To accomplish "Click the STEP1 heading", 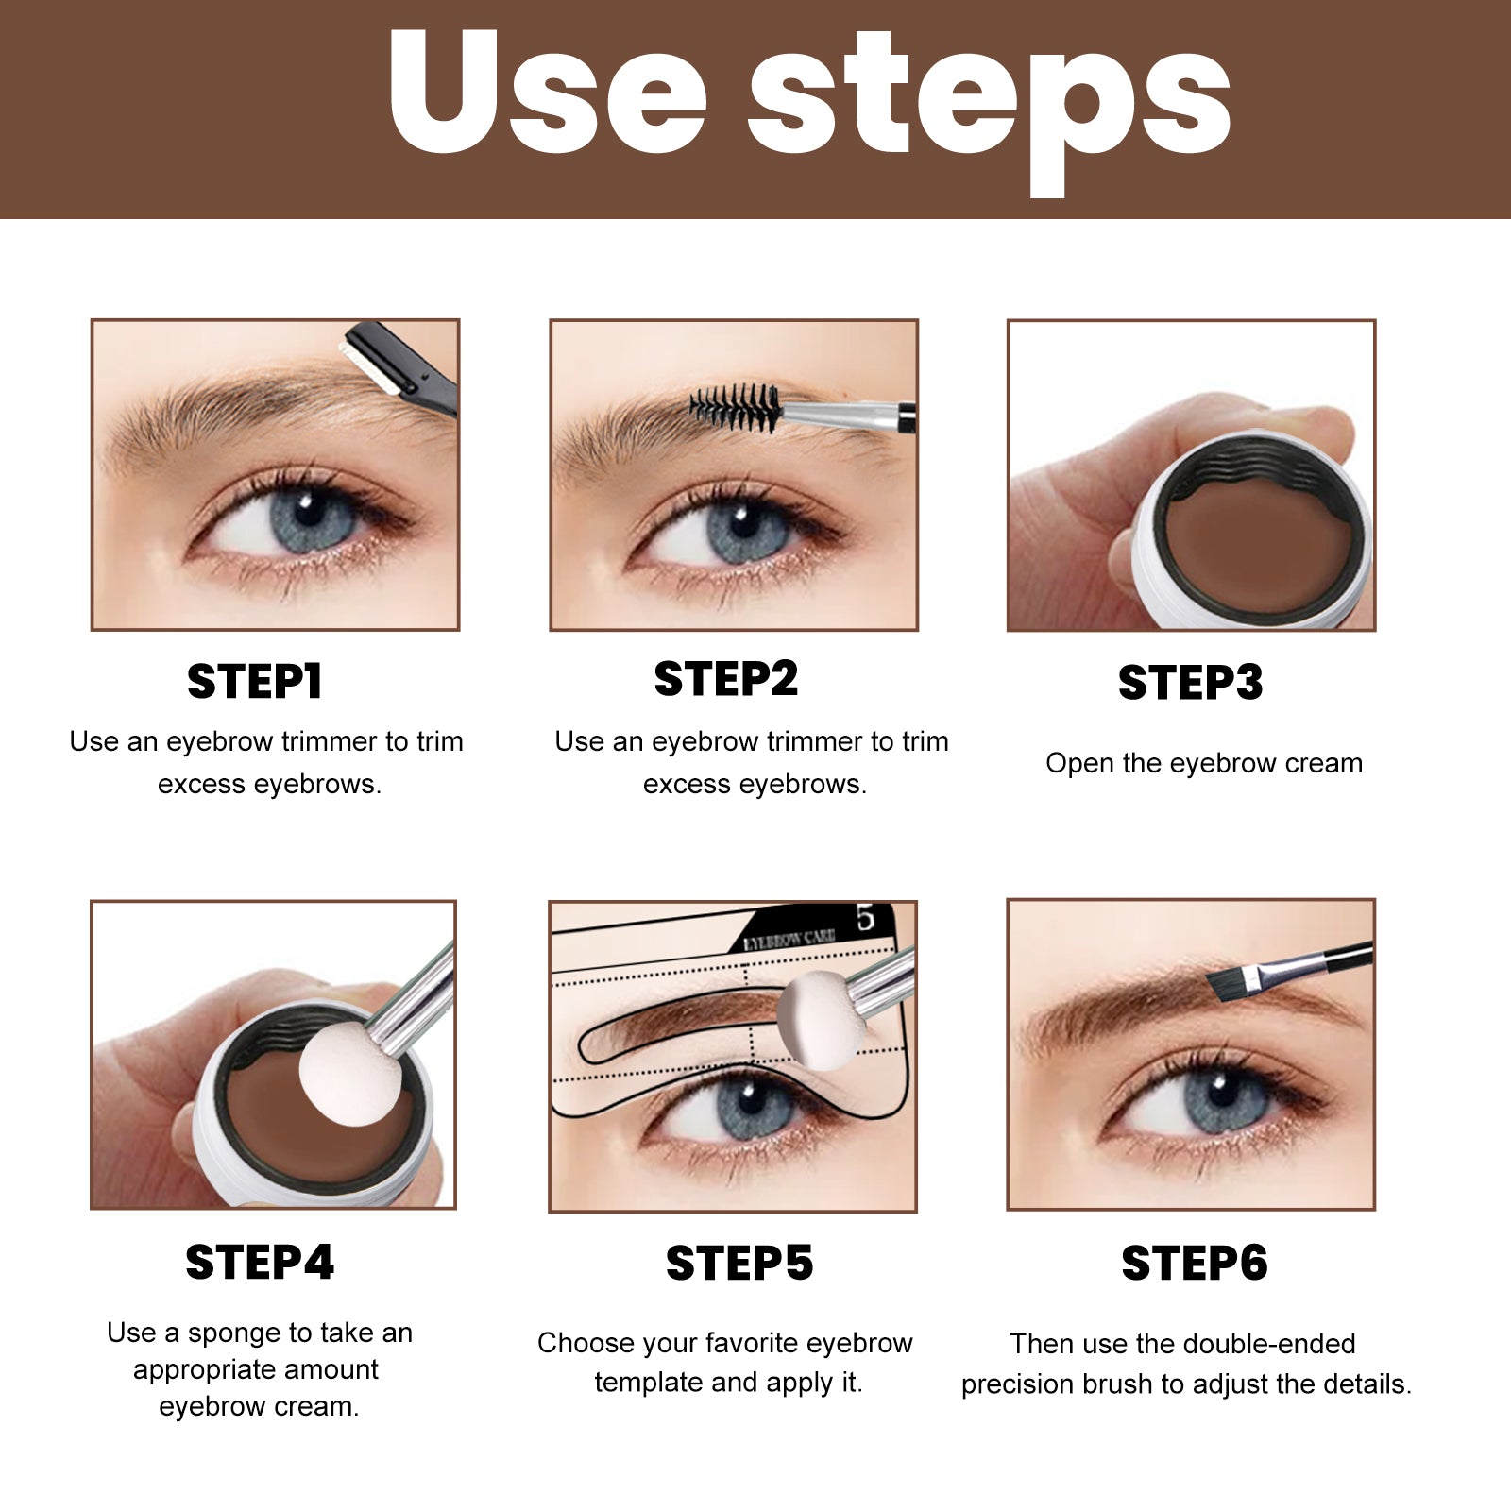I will (255, 681).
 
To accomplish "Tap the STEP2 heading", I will (725, 679).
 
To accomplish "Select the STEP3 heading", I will (1190, 683).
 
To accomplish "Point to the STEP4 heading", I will (260, 1263).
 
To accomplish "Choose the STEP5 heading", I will (739, 1264).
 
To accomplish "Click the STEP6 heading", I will (1194, 1264).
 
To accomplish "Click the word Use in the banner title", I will (548, 94).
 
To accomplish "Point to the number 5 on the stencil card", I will (865, 918).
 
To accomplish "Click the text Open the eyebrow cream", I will (1203, 763).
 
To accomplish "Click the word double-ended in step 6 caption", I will (1268, 1344).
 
